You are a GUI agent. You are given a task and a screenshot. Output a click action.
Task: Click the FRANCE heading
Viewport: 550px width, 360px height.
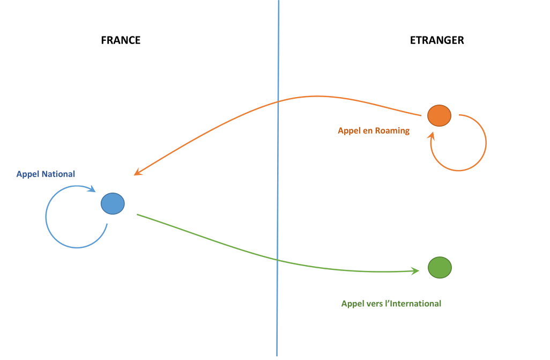[121, 40]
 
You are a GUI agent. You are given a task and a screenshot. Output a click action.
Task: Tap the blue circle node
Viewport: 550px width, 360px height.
[113, 203]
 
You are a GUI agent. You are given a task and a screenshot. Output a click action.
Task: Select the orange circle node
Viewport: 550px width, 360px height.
[439, 115]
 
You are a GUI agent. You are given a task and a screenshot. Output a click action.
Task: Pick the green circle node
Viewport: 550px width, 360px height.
[440, 267]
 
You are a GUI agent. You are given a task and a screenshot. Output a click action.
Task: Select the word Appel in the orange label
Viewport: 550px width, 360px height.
[349, 130]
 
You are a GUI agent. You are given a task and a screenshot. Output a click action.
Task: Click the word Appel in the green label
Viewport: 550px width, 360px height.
[353, 304]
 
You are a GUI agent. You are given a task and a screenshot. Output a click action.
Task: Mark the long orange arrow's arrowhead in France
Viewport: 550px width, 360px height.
[137, 173]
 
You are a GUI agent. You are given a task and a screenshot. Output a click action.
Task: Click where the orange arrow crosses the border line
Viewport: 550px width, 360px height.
[278, 101]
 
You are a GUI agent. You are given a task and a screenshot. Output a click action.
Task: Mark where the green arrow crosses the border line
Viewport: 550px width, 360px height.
[278, 260]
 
